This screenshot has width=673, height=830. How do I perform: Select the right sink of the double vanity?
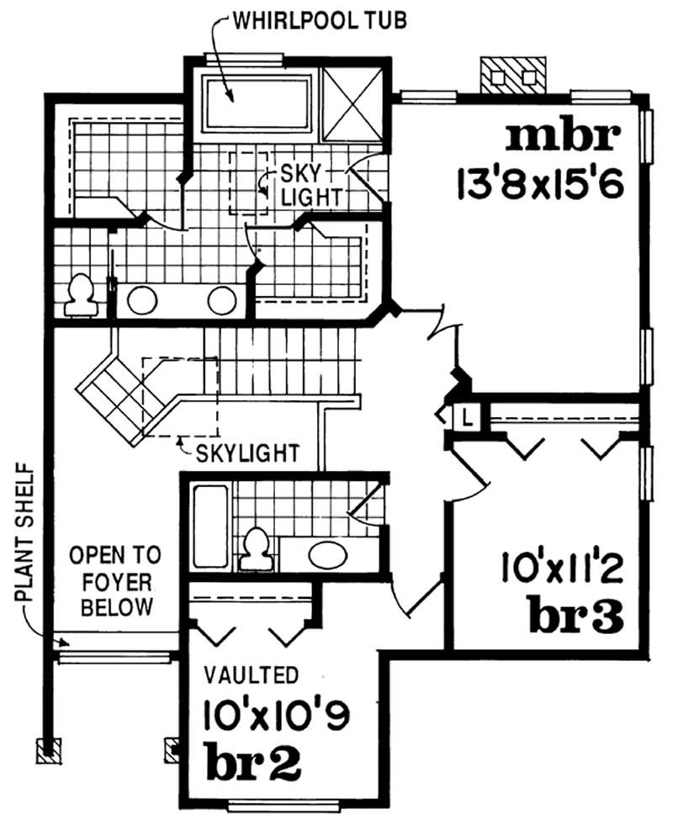[224, 299]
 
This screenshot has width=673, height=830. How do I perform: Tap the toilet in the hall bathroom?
[253, 547]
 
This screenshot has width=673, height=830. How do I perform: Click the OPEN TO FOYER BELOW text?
[111, 580]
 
